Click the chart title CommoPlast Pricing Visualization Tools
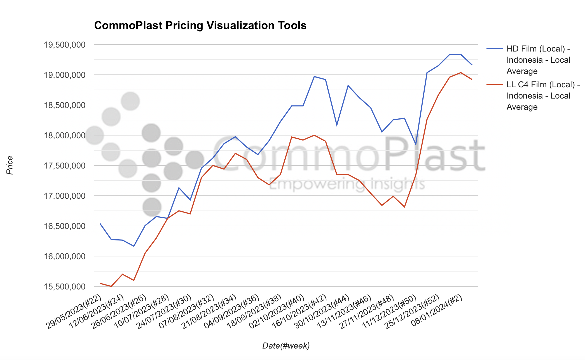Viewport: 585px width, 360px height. coord(200,25)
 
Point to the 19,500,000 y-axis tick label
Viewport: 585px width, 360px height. coord(65,45)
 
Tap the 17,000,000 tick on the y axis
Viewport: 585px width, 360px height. coord(65,196)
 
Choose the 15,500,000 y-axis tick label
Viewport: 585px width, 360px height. coord(65,287)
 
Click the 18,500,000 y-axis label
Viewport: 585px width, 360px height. coord(65,105)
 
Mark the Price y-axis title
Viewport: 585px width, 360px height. coord(10,165)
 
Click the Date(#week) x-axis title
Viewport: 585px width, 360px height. coord(286,346)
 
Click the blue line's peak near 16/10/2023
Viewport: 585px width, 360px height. coord(314,76)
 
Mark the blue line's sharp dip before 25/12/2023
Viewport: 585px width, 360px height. coord(416,145)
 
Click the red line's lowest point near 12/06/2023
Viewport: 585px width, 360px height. coord(111,286)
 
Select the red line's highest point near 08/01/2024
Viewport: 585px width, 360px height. coord(461,73)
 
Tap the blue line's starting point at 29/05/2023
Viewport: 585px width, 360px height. coord(100,224)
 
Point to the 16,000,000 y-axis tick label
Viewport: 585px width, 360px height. coord(65,256)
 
